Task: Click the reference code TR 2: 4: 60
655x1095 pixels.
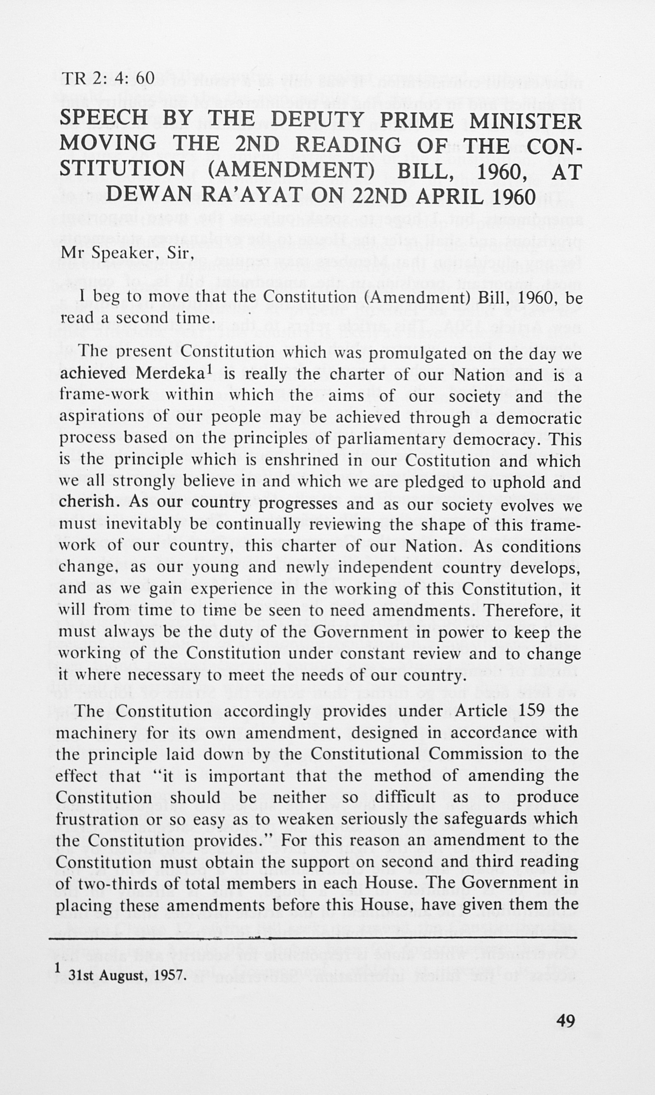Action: pyautogui.click(x=108, y=78)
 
